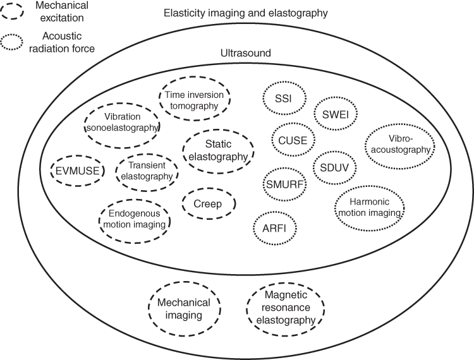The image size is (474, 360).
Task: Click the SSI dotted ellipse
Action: (284, 100)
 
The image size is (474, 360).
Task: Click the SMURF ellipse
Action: (283, 184)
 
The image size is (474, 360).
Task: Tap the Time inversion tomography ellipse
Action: (194, 100)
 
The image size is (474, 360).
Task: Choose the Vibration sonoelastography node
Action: (123, 122)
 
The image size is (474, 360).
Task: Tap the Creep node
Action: (209, 204)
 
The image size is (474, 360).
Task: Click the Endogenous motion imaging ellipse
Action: (136, 217)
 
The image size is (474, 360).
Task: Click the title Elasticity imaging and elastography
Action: (254, 13)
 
